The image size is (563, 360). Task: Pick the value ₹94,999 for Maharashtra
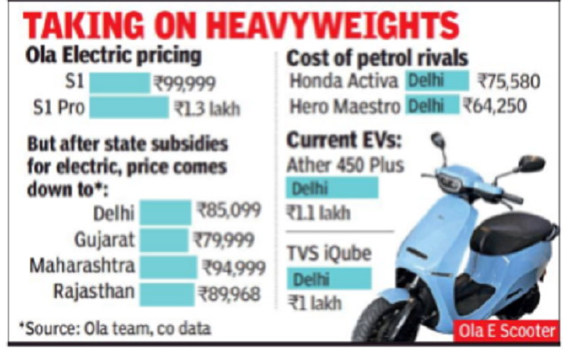(232, 266)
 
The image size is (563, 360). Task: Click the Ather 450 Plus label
(346, 165)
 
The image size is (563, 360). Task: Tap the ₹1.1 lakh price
(317, 213)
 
